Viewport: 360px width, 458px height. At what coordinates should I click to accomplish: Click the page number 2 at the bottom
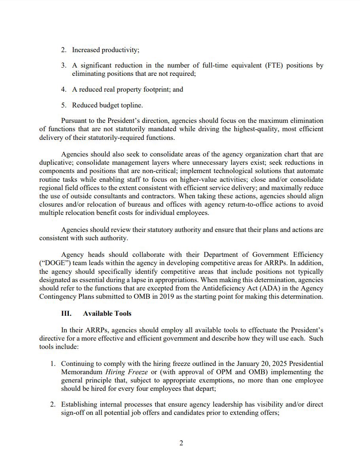pos(181,443)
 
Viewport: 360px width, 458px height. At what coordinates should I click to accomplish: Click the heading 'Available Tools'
pos(107,313)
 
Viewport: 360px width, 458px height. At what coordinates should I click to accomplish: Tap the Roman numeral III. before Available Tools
pos(66,313)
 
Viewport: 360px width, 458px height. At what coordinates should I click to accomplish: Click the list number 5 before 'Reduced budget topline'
pos(63,105)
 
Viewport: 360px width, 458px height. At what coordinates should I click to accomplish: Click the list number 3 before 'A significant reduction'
pos(63,66)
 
